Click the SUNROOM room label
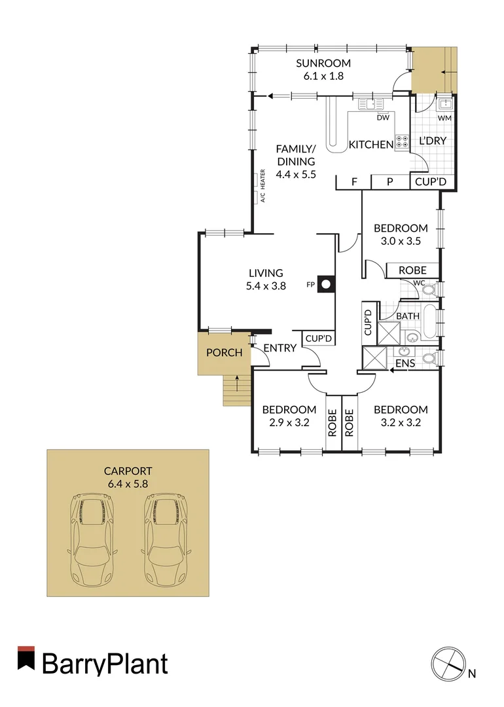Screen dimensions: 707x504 pyautogui.click(x=323, y=63)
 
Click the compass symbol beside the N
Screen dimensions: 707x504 pyautogui.click(x=448, y=662)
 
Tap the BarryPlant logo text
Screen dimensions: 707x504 pyautogui.click(x=105, y=664)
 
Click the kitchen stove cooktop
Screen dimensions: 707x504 pyautogui.click(x=401, y=143)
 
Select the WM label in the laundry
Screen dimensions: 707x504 pyautogui.click(x=444, y=118)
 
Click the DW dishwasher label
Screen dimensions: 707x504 pyautogui.click(x=383, y=118)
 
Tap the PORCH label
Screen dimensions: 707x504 pyautogui.click(x=225, y=353)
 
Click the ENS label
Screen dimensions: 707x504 pyautogui.click(x=406, y=363)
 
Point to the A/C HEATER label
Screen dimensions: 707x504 pyautogui.click(x=262, y=186)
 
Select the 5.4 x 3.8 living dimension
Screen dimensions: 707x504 pyautogui.click(x=266, y=285)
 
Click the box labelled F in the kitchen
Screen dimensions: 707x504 pyautogui.click(x=353, y=182)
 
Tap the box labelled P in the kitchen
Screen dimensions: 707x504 pyautogui.click(x=389, y=182)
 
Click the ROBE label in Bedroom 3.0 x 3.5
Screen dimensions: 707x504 pyautogui.click(x=412, y=270)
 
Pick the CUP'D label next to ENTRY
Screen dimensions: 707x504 pyautogui.click(x=318, y=338)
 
